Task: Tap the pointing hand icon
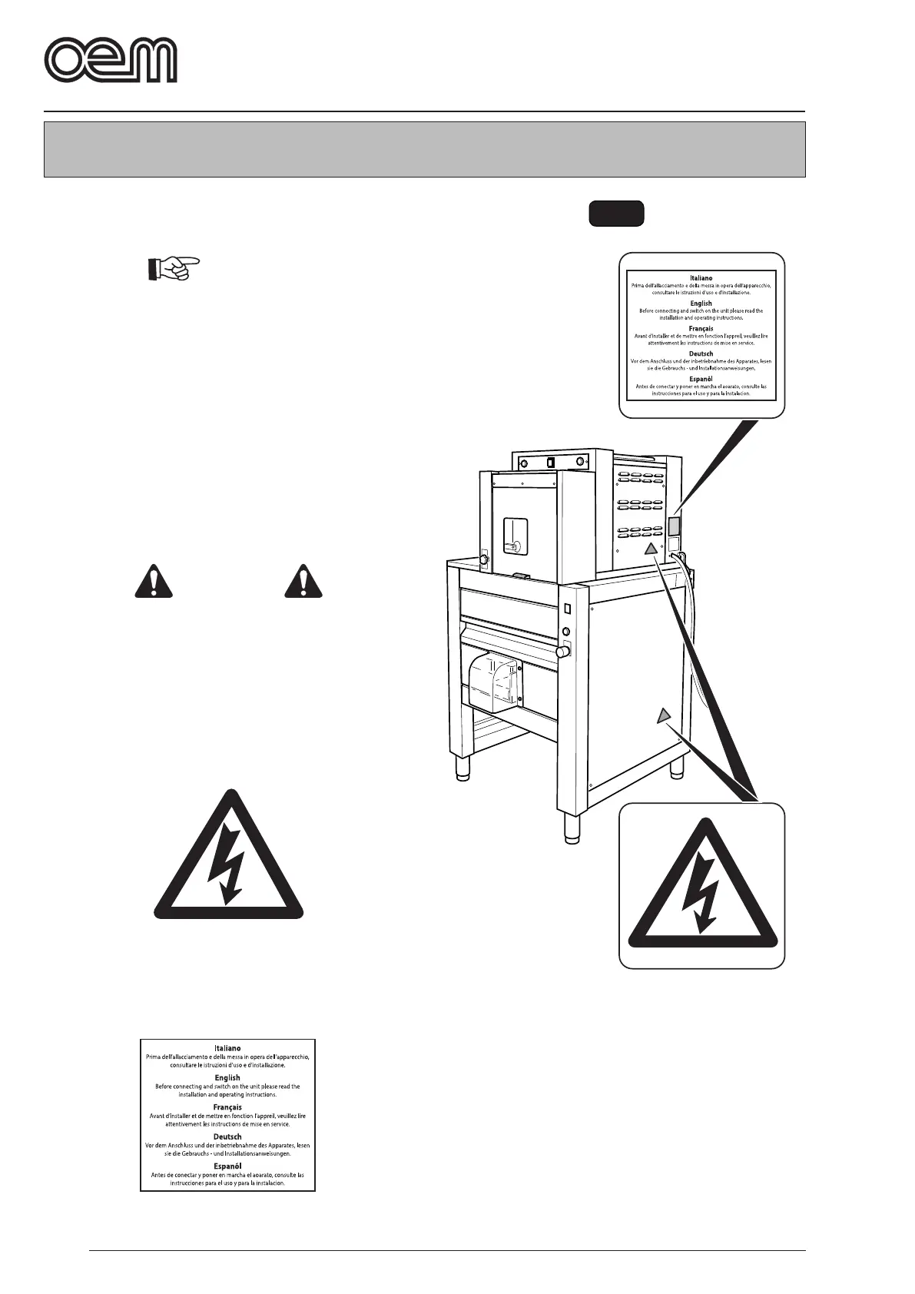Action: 172,270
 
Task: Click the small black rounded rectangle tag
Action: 616,214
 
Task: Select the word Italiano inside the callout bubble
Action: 701,277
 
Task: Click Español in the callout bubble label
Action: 701,379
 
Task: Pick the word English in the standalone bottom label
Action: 227,1077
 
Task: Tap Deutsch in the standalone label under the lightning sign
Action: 227,1136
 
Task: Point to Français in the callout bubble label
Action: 701,328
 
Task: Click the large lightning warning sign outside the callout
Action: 229,857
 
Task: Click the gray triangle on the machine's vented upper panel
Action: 651,549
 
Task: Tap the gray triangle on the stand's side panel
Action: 664,716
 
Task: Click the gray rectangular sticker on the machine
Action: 674,526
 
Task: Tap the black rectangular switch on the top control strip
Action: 551,463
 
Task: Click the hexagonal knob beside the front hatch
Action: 484,559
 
